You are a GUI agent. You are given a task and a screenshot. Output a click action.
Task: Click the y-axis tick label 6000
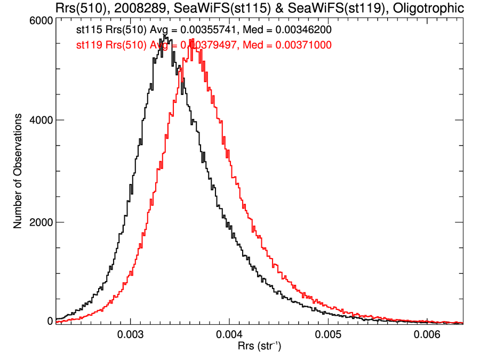41,20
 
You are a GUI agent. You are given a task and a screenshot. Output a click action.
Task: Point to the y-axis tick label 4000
41,120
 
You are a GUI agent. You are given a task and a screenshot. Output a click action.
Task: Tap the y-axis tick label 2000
41,222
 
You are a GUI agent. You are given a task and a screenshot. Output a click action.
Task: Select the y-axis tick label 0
49,321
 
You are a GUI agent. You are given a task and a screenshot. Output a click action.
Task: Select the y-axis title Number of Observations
18,171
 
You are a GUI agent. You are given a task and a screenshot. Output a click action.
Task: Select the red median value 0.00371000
303,46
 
